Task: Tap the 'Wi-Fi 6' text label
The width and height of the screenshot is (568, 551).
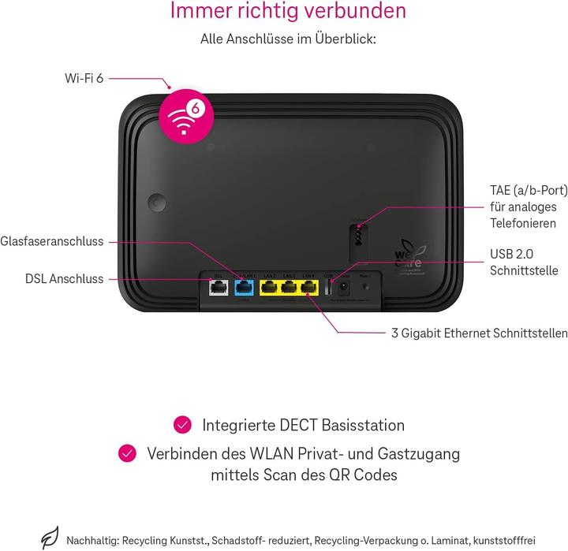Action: (x=84, y=77)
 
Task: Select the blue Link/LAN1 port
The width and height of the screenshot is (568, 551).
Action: (x=245, y=287)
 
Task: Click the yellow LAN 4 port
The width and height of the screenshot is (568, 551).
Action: (x=308, y=288)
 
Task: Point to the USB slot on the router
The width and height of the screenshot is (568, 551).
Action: (x=329, y=287)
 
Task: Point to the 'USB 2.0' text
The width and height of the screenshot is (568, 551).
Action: (x=513, y=255)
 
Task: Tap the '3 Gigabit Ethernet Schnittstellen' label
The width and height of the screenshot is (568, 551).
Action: (x=480, y=333)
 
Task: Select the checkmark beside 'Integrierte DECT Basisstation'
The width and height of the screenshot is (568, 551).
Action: (x=183, y=426)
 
